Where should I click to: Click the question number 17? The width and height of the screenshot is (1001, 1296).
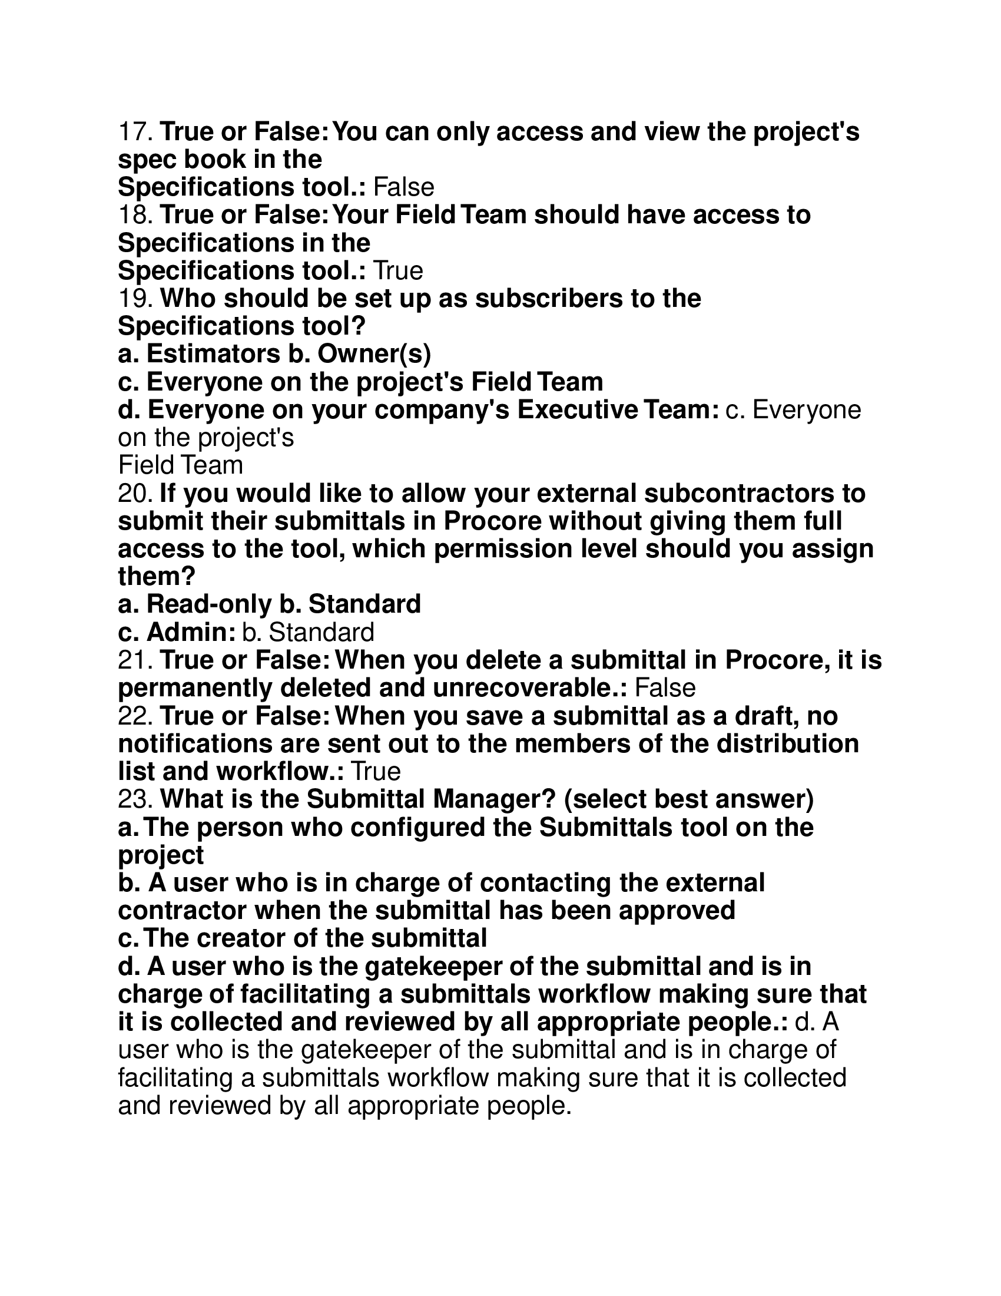pos(136,132)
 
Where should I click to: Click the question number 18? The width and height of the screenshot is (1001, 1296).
pos(136,215)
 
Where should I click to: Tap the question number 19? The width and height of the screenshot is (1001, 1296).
pos(136,299)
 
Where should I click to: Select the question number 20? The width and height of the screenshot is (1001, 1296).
pos(136,494)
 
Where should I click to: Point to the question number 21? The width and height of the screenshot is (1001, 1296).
pos(136,660)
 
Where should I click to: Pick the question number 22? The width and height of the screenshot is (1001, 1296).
pos(136,716)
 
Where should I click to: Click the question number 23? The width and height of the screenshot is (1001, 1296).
pos(136,800)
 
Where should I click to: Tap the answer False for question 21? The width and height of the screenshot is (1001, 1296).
pos(665,688)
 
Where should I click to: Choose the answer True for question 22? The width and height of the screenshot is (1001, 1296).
pos(376,772)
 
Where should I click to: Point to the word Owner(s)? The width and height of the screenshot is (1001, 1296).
pos(374,354)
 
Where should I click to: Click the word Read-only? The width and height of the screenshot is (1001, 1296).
pos(209,604)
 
